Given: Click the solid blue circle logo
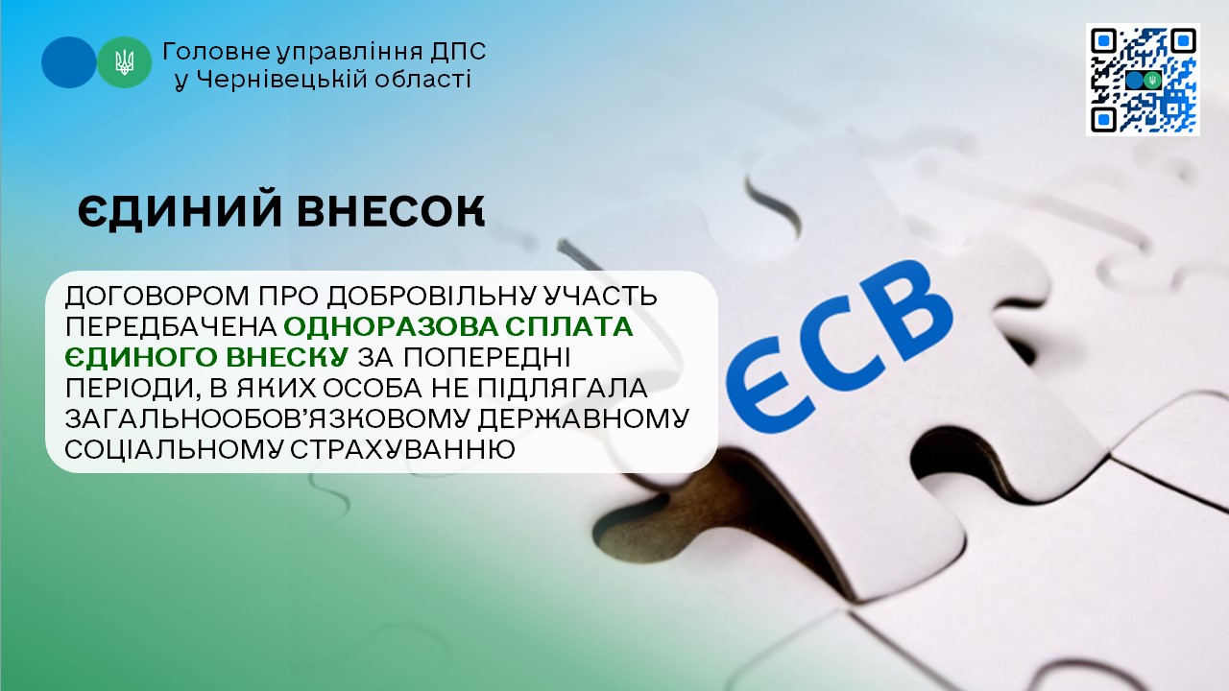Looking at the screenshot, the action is click(68, 62).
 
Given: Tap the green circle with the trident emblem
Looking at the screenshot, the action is click(125, 62).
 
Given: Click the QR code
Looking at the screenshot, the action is click(1143, 80).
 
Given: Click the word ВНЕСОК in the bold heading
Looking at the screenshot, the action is click(391, 211).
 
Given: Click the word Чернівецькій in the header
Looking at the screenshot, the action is click(283, 80).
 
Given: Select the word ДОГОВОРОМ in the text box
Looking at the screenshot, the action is click(157, 297).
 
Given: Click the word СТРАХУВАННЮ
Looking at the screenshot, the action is click(402, 450).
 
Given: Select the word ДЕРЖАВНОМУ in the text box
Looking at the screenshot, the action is click(584, 419).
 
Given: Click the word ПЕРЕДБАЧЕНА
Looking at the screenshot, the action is click(171, 327).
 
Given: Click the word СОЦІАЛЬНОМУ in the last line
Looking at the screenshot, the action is click(175, 450).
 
